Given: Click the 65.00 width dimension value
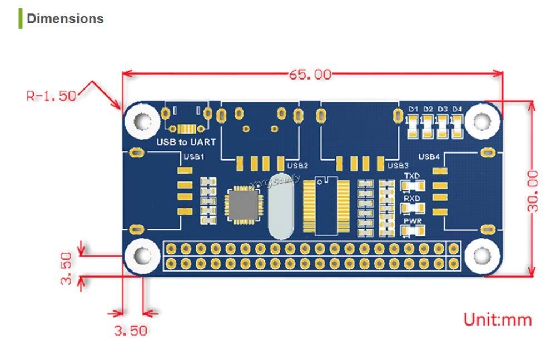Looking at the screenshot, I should pos(309,74).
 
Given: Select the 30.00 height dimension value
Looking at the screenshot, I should pos(533,191).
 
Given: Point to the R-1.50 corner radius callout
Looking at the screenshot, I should pos(51,95).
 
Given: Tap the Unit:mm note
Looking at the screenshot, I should pos(498,319).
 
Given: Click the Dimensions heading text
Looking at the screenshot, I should pos(65,18).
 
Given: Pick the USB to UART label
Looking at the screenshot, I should pos(186,142).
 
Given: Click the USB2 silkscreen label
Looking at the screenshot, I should pos(297,165).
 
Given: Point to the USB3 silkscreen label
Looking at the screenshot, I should pos(398,165).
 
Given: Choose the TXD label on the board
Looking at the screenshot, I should pos(412,176).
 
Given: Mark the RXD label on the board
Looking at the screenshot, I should pos(412,198).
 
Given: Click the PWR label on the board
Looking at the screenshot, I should pos(412,220).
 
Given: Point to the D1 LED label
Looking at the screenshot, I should pos(413,109).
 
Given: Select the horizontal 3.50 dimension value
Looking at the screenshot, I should pos(131,331).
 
